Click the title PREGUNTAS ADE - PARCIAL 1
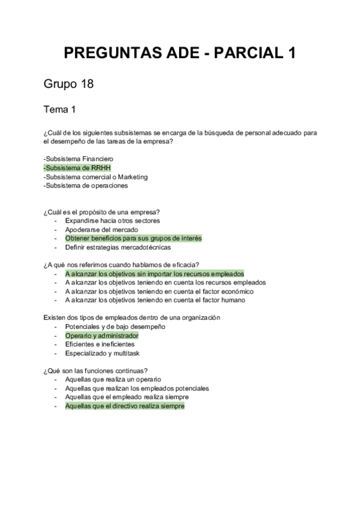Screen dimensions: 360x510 coord(180,54)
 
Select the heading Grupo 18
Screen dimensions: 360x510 coord(69,84)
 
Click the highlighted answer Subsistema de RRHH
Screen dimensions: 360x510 coord(78,168)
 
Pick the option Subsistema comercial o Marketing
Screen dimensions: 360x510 coord(96,177)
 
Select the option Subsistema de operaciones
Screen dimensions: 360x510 coord(85,186)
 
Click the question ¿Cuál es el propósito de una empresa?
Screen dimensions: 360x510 coord(105,212)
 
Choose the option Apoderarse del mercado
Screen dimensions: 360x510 coord(102,230)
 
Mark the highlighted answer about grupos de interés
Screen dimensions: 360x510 coord(133,238)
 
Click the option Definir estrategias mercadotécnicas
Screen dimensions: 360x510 coord(118,247)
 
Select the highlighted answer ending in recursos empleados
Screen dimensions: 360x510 coord(154,274)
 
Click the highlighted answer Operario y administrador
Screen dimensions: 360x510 coord(102,335)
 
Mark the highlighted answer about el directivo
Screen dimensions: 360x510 coord(125,406)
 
